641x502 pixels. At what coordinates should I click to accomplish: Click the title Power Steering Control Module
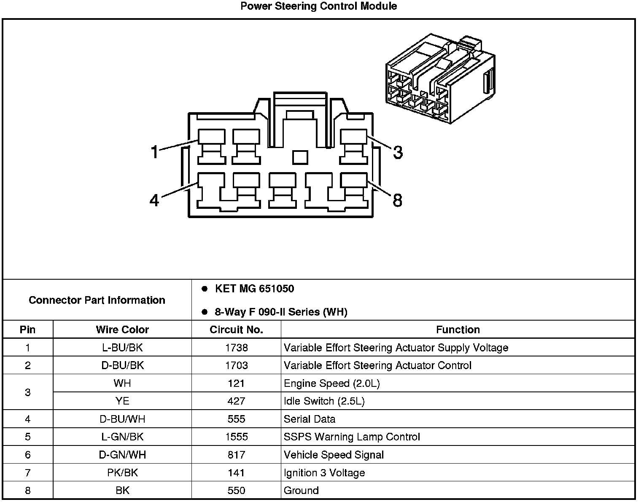point(318,6)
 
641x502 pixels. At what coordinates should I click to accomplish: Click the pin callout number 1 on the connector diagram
point(155,151)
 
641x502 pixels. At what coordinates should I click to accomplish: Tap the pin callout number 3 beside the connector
point(398,152)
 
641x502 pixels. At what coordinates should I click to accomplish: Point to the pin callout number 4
point(154,200)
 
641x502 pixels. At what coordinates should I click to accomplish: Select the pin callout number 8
point(397,200)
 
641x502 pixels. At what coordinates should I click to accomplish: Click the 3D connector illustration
point(441,79)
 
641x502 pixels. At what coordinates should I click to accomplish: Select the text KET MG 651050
point(254,289)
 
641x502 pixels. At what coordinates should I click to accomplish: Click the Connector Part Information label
point(97,300)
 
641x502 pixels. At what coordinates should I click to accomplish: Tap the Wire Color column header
point(122,329)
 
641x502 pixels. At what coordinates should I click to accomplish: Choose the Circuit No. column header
point(236,329)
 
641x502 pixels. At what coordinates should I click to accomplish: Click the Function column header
point(458,329)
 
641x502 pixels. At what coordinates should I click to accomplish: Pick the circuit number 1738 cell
point(236,348)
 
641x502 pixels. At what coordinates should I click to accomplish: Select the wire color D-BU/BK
point(122,365)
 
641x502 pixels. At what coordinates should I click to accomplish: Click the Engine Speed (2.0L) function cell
point(332,383)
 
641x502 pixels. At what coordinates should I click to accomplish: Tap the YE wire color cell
point(122,401)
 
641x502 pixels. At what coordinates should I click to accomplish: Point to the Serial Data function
point(310,419)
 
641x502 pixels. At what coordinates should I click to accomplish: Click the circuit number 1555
point(236,437)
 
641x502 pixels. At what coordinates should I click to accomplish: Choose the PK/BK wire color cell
point(122,473)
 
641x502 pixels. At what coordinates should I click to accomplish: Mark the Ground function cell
point(301,491)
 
